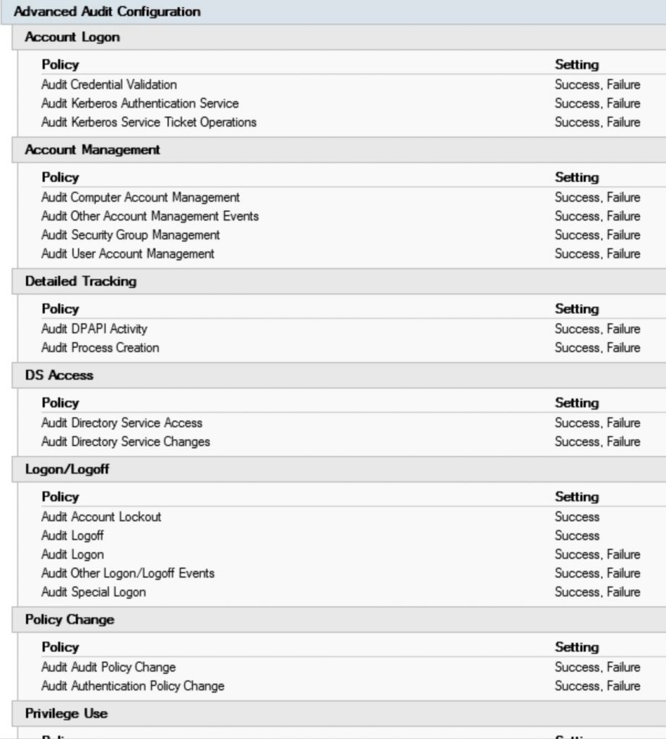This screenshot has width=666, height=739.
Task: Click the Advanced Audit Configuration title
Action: point(107,12)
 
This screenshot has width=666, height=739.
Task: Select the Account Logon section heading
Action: point(72,38)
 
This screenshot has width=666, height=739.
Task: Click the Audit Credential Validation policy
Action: point(109,84)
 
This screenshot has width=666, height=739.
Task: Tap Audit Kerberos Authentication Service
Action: point(140,103)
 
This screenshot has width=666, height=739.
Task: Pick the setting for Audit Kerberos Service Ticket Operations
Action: point(597,122)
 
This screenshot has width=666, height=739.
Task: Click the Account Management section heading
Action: point(92,150)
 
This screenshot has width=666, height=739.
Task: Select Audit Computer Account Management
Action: point(141,197)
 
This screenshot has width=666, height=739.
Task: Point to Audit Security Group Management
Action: point(131,235)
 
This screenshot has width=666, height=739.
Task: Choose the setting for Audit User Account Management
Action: point(597,253)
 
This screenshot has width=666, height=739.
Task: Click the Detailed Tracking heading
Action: point(81,281)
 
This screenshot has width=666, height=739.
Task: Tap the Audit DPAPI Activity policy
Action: point(95,328)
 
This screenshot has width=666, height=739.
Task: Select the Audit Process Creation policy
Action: point(100,347)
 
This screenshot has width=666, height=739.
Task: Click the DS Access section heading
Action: point(59,375)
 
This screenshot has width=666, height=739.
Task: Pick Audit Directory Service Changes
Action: point(126,441)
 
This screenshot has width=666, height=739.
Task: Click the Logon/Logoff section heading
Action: point(68,469)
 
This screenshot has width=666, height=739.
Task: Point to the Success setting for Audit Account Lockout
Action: point(577,517)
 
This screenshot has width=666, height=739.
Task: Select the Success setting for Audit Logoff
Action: point(577,535)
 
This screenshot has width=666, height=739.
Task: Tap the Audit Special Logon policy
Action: point(94,592)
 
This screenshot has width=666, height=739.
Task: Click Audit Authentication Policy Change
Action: point(133,686)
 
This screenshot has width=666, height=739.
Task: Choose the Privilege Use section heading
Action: point(66,714)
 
